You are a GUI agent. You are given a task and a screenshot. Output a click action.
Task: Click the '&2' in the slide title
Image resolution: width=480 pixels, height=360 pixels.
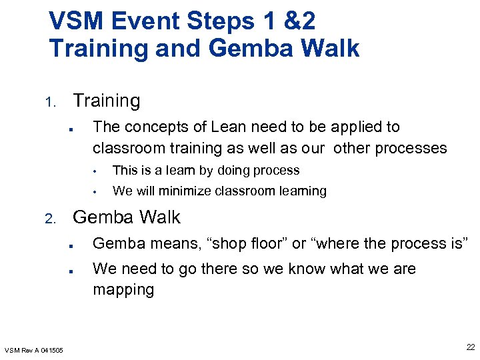[299, 21]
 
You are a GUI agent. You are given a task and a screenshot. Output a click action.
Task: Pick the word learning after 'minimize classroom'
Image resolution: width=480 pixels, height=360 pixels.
[305, 191]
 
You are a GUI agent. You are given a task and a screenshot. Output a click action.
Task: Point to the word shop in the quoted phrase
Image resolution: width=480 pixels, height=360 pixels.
[225, 244]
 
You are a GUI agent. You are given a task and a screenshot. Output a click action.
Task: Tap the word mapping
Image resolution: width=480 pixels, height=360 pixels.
[123, 289]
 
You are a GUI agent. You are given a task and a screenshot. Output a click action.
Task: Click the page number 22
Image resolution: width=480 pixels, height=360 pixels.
[470, 347]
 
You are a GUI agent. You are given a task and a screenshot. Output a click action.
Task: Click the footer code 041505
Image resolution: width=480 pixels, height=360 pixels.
[51, 351]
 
